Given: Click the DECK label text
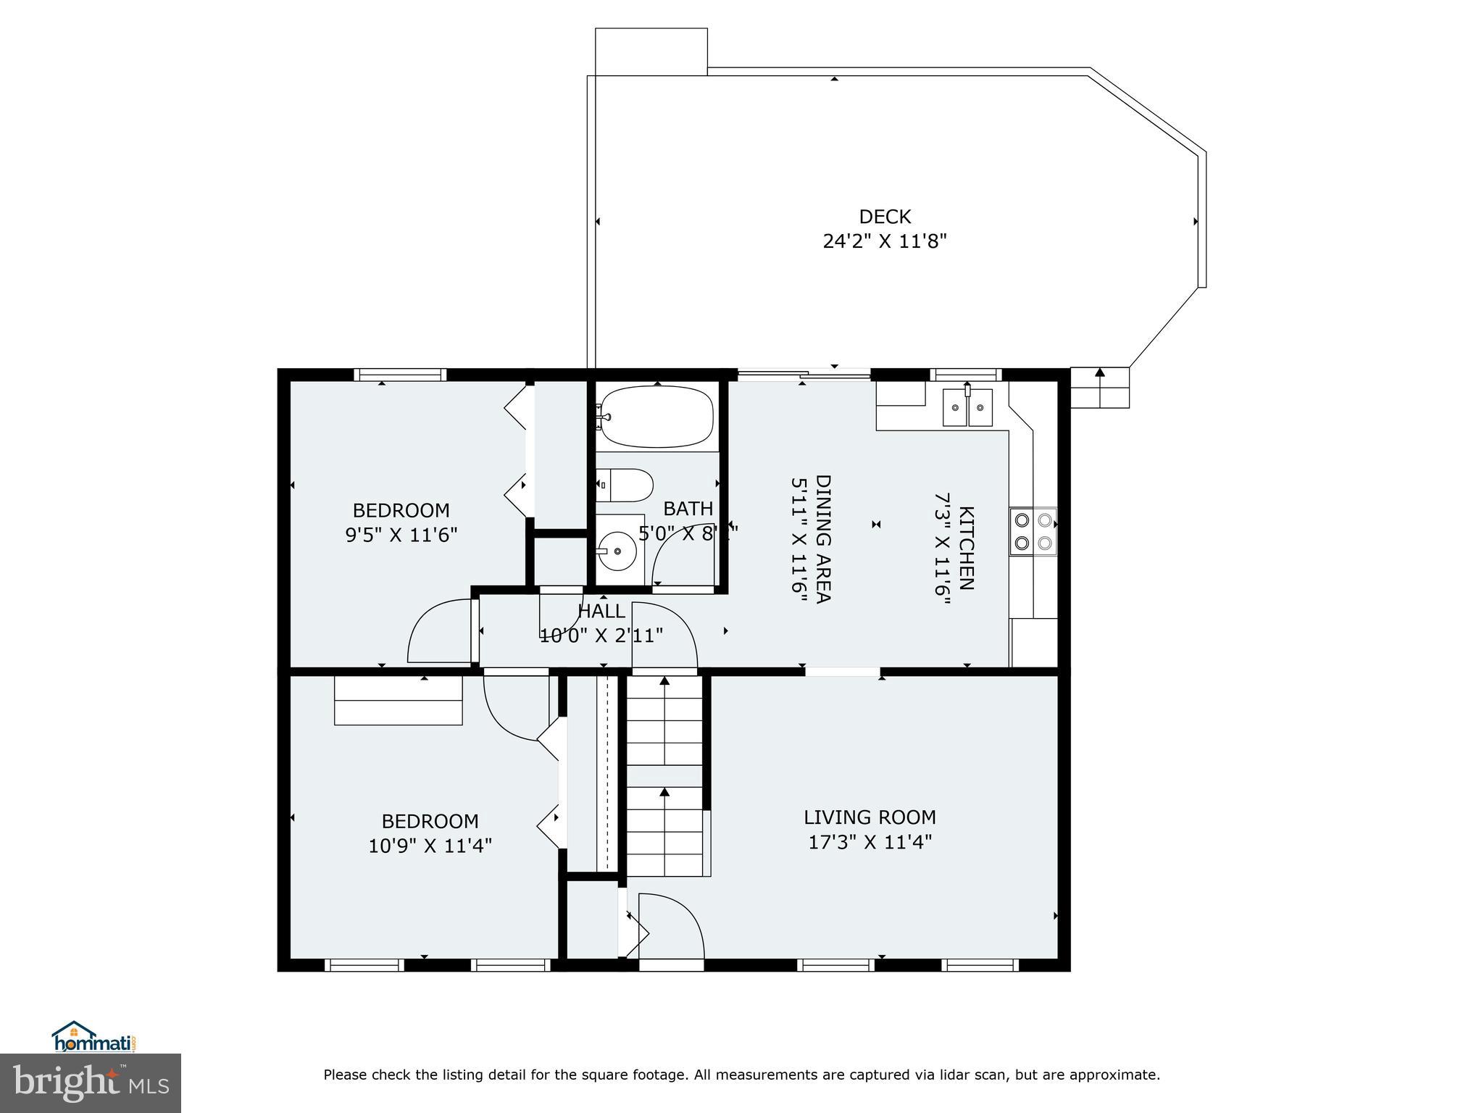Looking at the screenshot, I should pos(884,217).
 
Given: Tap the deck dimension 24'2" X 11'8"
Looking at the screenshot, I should pos(884,241).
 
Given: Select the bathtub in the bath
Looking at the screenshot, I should pos(656,417).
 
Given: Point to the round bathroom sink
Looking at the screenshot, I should pos(617,551).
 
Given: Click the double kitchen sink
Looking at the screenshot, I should pos(967,408).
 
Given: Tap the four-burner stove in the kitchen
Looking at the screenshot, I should pos(1033,531).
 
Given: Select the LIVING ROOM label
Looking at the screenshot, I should pos(870,817).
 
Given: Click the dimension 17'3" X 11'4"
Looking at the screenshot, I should pos(870,842).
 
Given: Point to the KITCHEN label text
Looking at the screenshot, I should pos(967,548).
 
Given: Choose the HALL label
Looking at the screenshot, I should pos(601,612).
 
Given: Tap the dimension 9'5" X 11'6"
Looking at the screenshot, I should pos(401,535).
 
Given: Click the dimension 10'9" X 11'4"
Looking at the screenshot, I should pos(430,846).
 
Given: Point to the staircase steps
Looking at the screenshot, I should pos(664,775).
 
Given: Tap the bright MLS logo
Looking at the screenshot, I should pos(91,1083).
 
